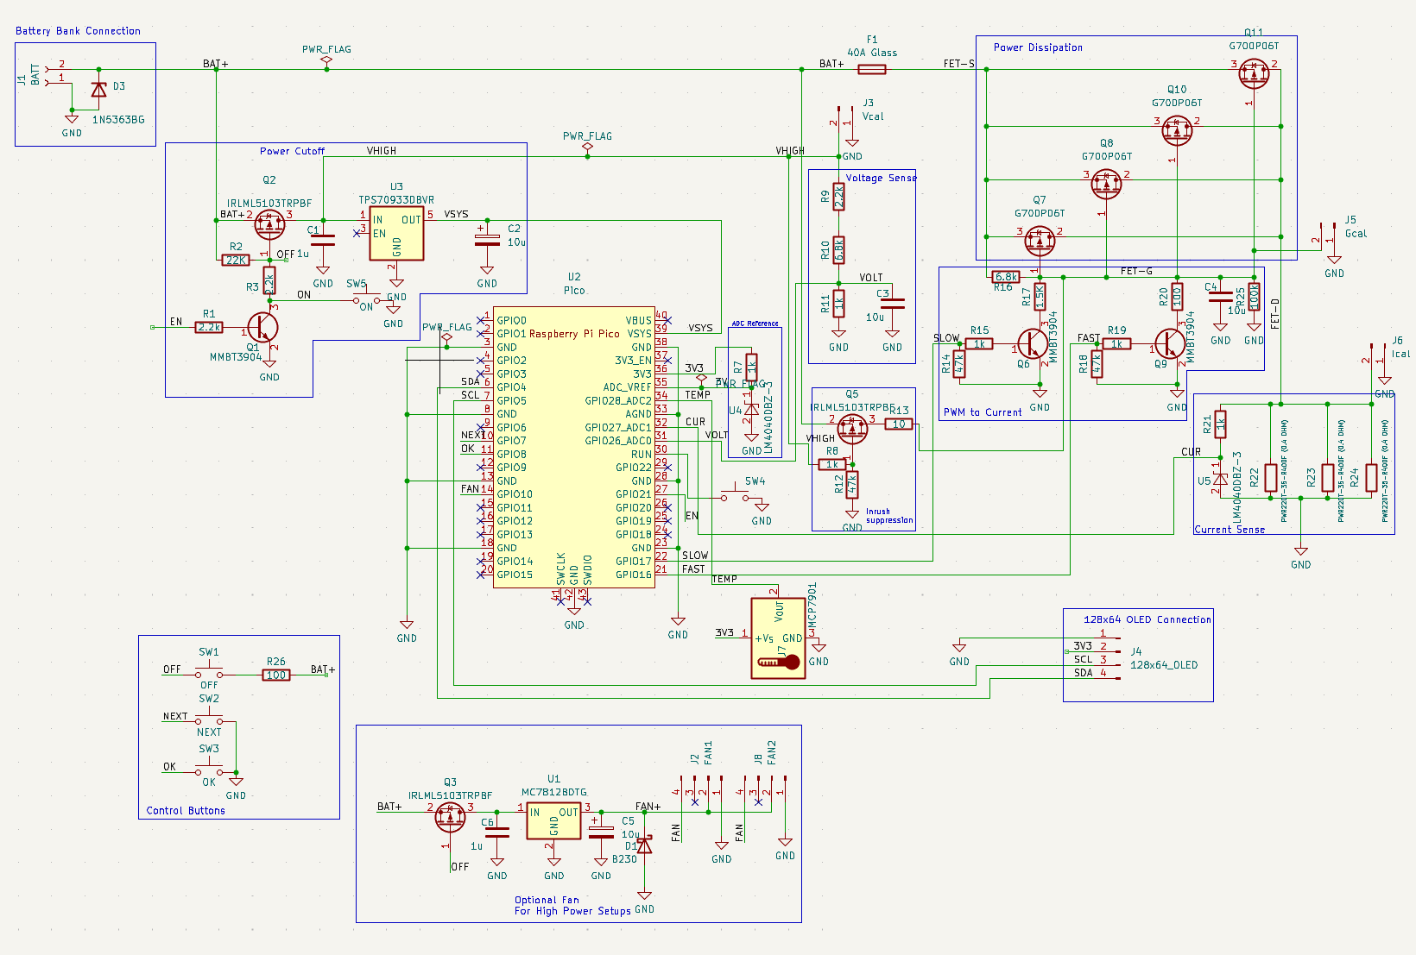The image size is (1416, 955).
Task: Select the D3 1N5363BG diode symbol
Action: pyautogui.click(x=98, y=90)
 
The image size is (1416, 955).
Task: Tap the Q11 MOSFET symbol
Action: pyautogui.click(x=1254, y=74)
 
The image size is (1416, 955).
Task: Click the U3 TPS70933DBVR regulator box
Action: pyautogui.click(x=396, y=233)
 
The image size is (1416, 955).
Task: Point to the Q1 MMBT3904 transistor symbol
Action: pyautogui.click(x=263, y=328)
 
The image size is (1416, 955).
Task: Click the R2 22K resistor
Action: pyautogui.click(x=236, y=260)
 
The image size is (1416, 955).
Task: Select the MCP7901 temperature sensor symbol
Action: pyautogui.click(x=778, y=638)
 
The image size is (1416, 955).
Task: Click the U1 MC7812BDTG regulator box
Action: pyautogui.click(x=553, y=819)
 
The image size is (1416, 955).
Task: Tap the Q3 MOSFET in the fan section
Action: pyautogui.click(x=451, y=816)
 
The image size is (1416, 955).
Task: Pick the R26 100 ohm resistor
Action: pyautogui.click(x=276, y=675)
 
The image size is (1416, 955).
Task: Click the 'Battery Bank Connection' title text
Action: pyautogui.click(x=78, y=31)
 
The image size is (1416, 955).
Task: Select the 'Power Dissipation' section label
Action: pyautogui.click(x=1037, y=47)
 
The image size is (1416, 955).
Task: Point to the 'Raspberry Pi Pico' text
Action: pyautogui.click(x=574, y=334)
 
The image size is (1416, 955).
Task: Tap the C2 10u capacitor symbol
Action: pyautogui.click(x=487, y=239)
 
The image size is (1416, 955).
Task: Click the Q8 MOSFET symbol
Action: pyautogui.click(x=1106, y=183)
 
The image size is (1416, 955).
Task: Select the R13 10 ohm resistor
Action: pyautogui.click(x=899, y=424)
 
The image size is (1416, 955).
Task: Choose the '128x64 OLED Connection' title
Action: pyautogui.click(x=1147, y=619)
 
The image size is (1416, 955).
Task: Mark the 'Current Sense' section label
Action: pyautogui.click(x=1230, y=530)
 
